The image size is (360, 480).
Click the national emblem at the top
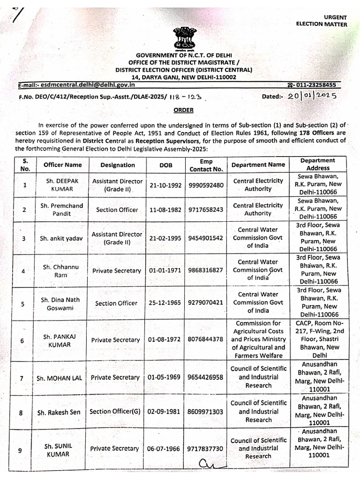tap(180, 37)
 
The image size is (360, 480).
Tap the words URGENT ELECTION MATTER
tap(322, 21)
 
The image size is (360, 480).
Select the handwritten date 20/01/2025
tap(313, 97)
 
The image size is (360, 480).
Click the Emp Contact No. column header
tap(206, 165)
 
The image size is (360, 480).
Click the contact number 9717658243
tap(206, 210)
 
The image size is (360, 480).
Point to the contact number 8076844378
tap(206, 340)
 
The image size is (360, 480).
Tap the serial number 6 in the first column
tap(22, 340)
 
